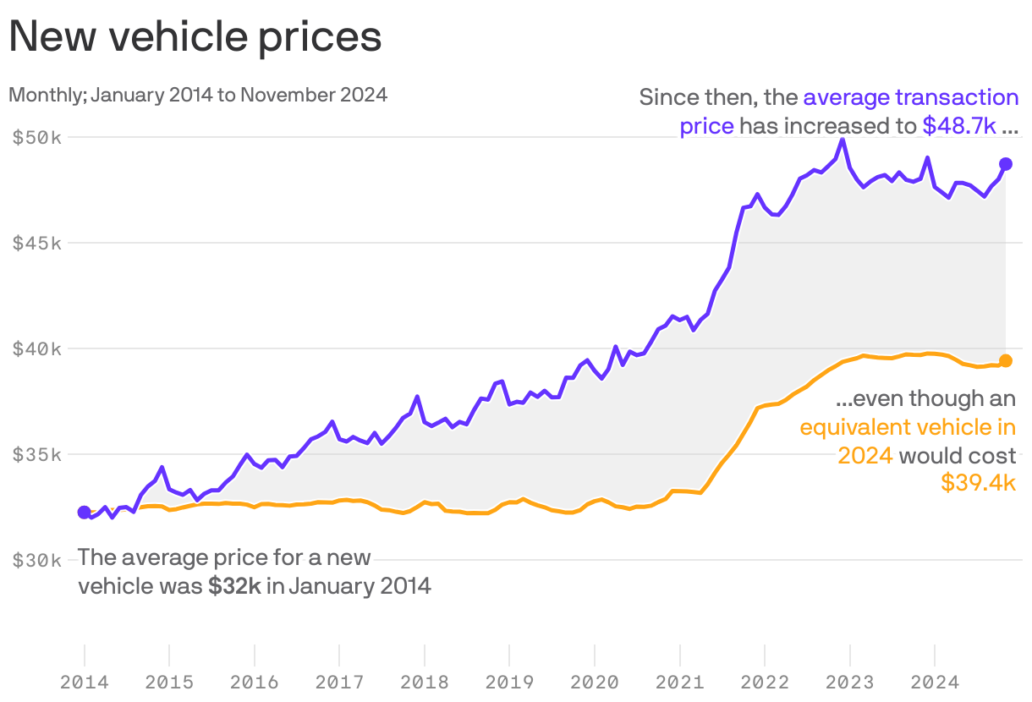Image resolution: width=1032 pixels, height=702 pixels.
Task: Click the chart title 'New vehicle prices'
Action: [195, 37]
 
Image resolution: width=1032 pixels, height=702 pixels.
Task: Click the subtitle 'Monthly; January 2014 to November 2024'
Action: [198, 95]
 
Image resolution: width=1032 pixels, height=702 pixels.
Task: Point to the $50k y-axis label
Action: [37, 137]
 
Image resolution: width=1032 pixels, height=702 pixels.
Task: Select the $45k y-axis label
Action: [37, 243]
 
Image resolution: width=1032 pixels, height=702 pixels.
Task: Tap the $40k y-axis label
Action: [37, 348]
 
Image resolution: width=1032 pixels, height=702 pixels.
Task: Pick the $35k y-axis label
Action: [37, 454]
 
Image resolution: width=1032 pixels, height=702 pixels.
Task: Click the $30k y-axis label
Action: [37, 560]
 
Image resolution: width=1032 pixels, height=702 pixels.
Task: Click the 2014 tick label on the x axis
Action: [85, 682]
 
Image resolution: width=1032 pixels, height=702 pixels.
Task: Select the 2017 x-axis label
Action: [339, 682]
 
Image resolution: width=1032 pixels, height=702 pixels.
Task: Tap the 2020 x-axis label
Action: [595, 682]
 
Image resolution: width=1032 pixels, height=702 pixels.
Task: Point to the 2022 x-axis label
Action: [765, 682]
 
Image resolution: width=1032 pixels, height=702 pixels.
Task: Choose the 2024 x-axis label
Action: [934, 682]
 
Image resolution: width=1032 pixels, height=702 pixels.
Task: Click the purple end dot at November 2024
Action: [1006, 163]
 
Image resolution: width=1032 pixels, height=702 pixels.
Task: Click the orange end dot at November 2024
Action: [1006, 361]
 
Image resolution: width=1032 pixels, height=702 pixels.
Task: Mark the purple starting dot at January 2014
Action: [85, 512]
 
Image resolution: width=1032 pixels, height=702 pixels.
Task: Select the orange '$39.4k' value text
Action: [978, 483]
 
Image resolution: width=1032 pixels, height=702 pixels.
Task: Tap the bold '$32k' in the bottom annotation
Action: [234, 586]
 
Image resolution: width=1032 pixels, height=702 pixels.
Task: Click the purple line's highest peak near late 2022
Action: [842, 140]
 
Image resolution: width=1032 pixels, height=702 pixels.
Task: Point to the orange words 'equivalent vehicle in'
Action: [908, 427]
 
